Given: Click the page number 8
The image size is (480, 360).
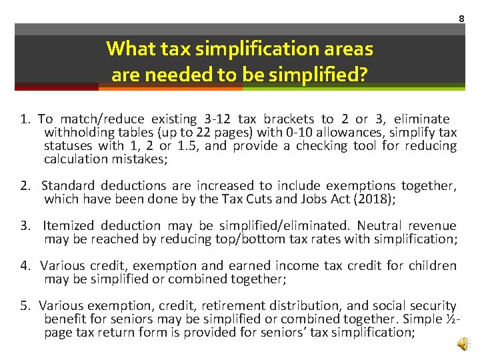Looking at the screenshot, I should pyautogui.click(x=461, y=18).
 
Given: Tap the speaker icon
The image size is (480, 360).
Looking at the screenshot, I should pyautogui.click(x=462, y=343).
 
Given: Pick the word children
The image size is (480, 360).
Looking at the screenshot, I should pyautogui.click(x=433, y=266).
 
